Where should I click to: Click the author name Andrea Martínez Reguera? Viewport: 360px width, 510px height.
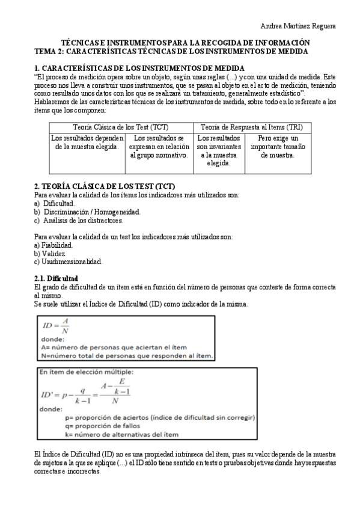(x=297, y=26)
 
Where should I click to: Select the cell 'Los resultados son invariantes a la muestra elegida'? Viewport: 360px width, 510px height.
(x=219, y=150)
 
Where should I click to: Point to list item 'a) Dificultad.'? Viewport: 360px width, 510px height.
(x=55, y=204)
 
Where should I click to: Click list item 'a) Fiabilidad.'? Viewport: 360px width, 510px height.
(x=54, y=245)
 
